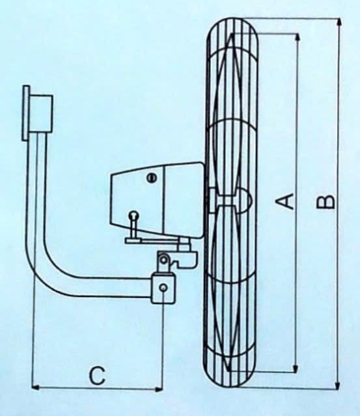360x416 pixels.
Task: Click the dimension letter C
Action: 98,376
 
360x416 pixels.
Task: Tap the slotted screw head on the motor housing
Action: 152,178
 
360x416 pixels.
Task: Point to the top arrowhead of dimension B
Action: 339,22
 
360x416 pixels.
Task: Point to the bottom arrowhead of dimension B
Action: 337,385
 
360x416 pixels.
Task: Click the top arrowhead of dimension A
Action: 298,37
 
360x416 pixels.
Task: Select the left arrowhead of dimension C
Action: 36,387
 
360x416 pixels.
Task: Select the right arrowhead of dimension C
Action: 158,389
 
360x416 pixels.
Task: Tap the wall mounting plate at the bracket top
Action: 26,113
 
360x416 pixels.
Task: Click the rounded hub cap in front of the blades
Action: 245,199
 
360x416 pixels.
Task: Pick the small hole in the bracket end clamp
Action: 163,287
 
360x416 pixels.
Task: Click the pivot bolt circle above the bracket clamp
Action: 164,258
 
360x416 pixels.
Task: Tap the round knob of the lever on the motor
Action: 135,214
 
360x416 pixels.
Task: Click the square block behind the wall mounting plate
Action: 41,113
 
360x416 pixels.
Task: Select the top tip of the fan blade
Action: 232,34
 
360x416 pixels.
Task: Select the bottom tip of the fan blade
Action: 228,370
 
